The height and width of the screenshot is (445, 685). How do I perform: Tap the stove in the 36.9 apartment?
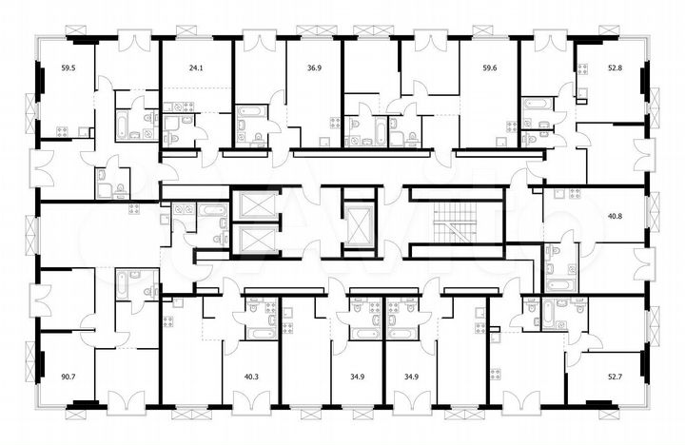(x=335, y=122)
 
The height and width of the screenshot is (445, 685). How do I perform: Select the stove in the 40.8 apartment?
(x=574, y=194)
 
